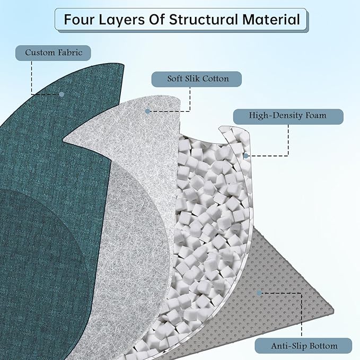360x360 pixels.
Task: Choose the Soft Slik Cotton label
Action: (x=198, y=79)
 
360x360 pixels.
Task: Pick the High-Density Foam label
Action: (x=287, y=115)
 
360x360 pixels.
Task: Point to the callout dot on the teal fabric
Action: (x=62, y=94)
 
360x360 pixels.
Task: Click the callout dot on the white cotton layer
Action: (x=148, y=111)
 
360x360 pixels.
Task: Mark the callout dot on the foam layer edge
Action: (x=246, y=156)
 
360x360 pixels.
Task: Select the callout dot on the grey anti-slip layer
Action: (x=260, y=292)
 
